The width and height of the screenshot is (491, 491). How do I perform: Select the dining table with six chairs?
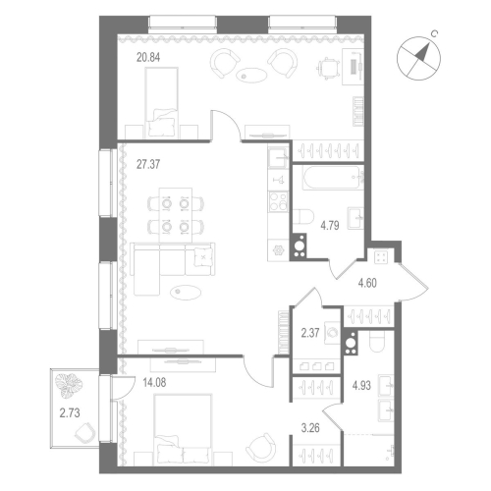(x=173, y=214)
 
